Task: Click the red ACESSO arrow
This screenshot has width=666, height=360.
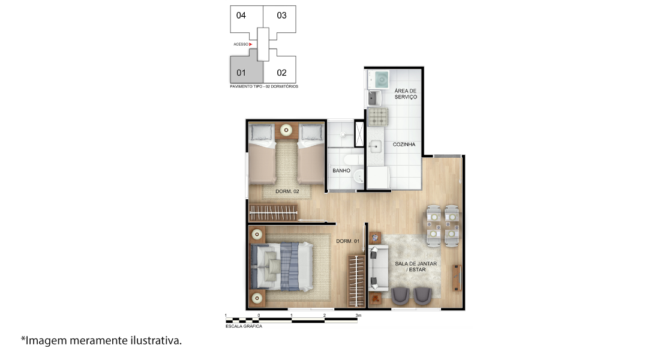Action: pos(251,44)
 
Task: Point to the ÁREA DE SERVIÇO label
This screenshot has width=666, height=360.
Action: pos(406,94)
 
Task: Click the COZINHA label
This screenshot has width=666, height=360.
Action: pos(404,145)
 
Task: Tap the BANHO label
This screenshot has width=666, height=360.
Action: pos(341,170)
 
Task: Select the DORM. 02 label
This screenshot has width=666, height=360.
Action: pos(287,191)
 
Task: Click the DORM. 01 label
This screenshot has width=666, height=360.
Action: pos(347,241)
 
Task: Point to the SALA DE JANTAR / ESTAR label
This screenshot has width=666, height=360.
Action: pos(416,266)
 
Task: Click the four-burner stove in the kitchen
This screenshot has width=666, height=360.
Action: pos(377,117)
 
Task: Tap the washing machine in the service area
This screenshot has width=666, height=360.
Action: pos(379,79)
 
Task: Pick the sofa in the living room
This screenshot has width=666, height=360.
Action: pos(377,268)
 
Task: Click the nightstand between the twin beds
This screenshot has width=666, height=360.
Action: pos(286,130)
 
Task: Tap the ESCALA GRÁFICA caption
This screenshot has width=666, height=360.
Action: pos(244,326)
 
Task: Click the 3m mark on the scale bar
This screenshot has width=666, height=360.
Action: pos(358,316)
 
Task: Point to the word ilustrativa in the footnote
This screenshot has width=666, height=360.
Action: pos(156,340)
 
